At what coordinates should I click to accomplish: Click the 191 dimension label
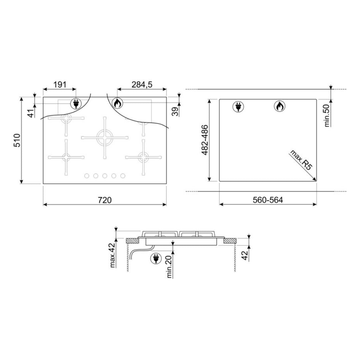[x=60, y=85]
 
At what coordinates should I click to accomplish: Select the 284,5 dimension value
[x=142, y=85]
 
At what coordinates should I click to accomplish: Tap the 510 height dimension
[x=17, y=140]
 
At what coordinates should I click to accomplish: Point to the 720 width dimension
[x=105, y=200]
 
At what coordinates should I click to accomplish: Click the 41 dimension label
[x=31, y=113]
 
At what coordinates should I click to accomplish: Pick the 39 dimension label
[x=175, y=112]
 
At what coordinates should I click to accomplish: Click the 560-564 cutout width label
[x=268, y=200]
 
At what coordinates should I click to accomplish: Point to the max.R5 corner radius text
[x=301, y=160]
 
